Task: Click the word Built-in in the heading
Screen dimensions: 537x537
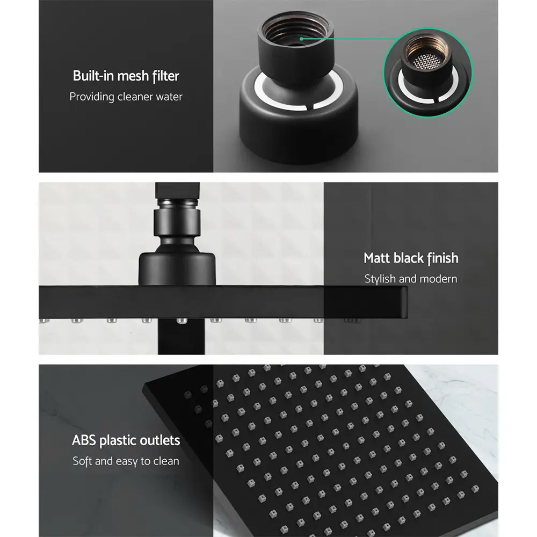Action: pyautogui.click(x=91, y=76)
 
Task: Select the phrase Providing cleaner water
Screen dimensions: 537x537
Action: pyautogui.click(x=126, y=97)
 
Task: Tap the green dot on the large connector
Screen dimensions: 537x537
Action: pyautogui.click(x=302, y=39)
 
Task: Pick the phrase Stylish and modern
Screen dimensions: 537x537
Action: pyautogui.click(x=411, y=279)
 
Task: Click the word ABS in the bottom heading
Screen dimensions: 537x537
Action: pyautogui.click(x=84, y=441)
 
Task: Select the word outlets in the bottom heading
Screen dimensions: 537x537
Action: pyautogui.click(x=159, y=441)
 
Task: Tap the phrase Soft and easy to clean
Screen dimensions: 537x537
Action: pyautogui.click(x=126, y=461)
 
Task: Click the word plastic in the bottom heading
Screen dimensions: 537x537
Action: pyautogui.click(x=118, y=441)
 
